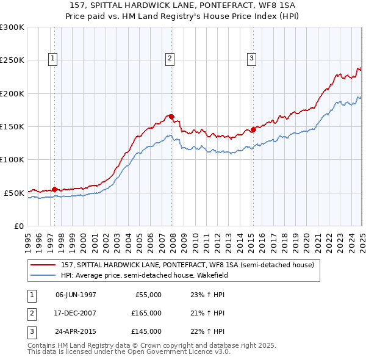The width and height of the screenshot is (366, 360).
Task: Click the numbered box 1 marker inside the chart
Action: pos(54,59)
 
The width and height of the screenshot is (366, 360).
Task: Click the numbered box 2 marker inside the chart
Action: pos(169,59)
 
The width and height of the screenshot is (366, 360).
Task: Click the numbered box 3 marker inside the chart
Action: pos(251,59)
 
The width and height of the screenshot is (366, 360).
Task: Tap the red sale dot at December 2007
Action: pos(172,116)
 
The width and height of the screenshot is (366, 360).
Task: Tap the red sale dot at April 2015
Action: pos(253,129)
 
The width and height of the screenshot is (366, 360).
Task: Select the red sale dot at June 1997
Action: pos(55,189)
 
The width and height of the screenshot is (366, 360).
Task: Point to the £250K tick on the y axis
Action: pos(12,60)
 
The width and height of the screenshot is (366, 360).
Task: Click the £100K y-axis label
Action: pos(12,159)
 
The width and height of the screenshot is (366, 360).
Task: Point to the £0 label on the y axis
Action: pos(18,226)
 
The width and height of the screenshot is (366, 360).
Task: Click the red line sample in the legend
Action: pos(43,265)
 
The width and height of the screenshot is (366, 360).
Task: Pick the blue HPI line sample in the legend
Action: pos(43,275)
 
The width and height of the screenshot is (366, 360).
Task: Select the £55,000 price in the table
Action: pos(147,295)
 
